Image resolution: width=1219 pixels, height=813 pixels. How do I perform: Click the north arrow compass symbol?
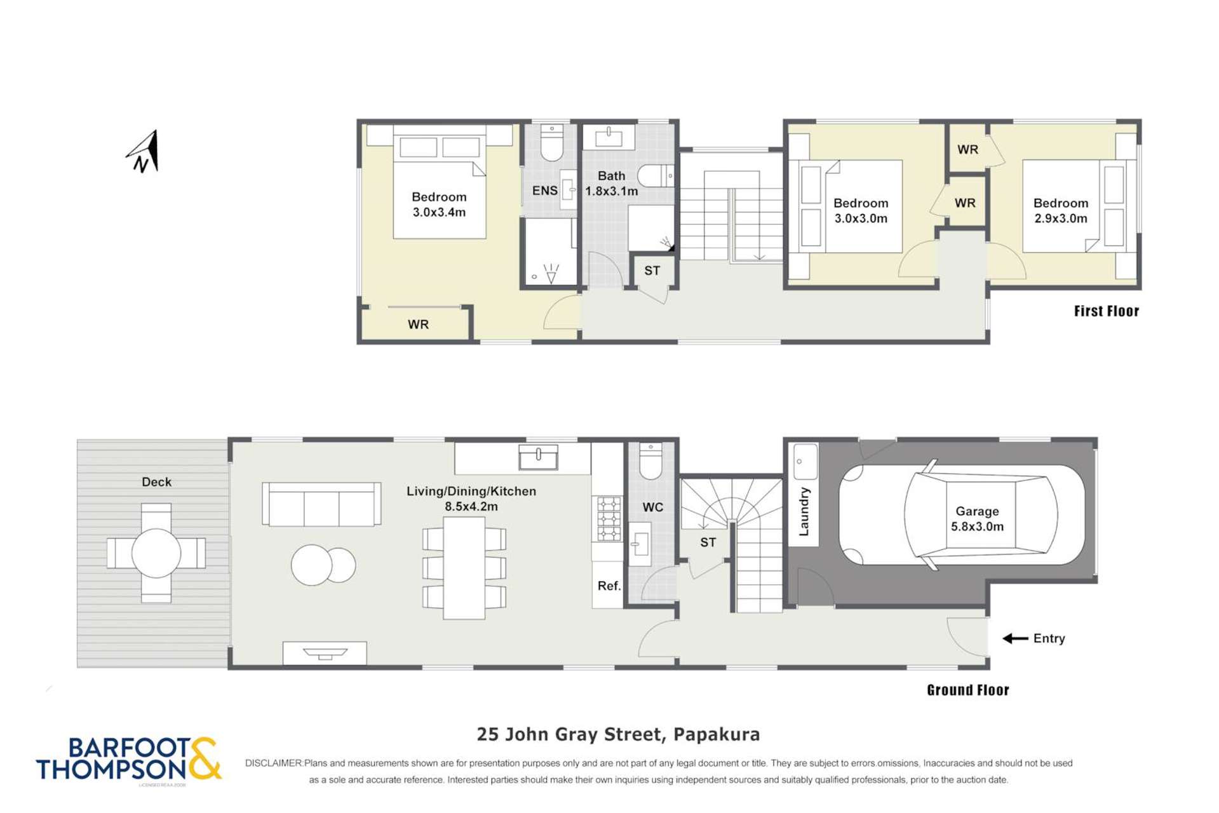[144, 152]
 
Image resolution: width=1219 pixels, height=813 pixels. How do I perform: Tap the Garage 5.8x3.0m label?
[976, 518]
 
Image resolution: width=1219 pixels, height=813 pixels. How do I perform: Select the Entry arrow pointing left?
[1015, 638]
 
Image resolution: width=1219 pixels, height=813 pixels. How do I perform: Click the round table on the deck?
[156, 553]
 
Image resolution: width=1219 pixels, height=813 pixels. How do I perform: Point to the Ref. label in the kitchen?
[609, 586]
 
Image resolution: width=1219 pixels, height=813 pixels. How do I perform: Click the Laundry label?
[804, 511]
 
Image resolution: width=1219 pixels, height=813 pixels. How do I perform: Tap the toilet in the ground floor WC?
[650, 462]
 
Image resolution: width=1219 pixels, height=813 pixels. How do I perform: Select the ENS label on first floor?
[544, 191]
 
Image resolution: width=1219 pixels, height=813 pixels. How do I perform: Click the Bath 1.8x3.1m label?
[611, 183]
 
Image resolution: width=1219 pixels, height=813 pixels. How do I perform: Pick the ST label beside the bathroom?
[652, 271]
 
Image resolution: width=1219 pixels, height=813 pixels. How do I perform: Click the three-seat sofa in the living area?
[321, 504]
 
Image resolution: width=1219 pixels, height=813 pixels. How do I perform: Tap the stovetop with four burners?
[608, 519]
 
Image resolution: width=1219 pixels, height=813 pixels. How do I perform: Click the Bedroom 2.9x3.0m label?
[1060, 210]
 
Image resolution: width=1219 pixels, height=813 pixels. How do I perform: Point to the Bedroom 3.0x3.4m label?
[438, 204]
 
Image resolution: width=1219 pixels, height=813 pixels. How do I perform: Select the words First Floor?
[1106, 311]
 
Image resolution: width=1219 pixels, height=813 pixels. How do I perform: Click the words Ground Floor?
[967, 690]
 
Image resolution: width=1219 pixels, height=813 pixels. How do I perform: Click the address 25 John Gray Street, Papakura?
[618, 734]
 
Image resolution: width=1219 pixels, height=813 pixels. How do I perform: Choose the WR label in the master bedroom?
[418, 324]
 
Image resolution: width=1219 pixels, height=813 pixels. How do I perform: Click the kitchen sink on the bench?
[538, 457]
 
